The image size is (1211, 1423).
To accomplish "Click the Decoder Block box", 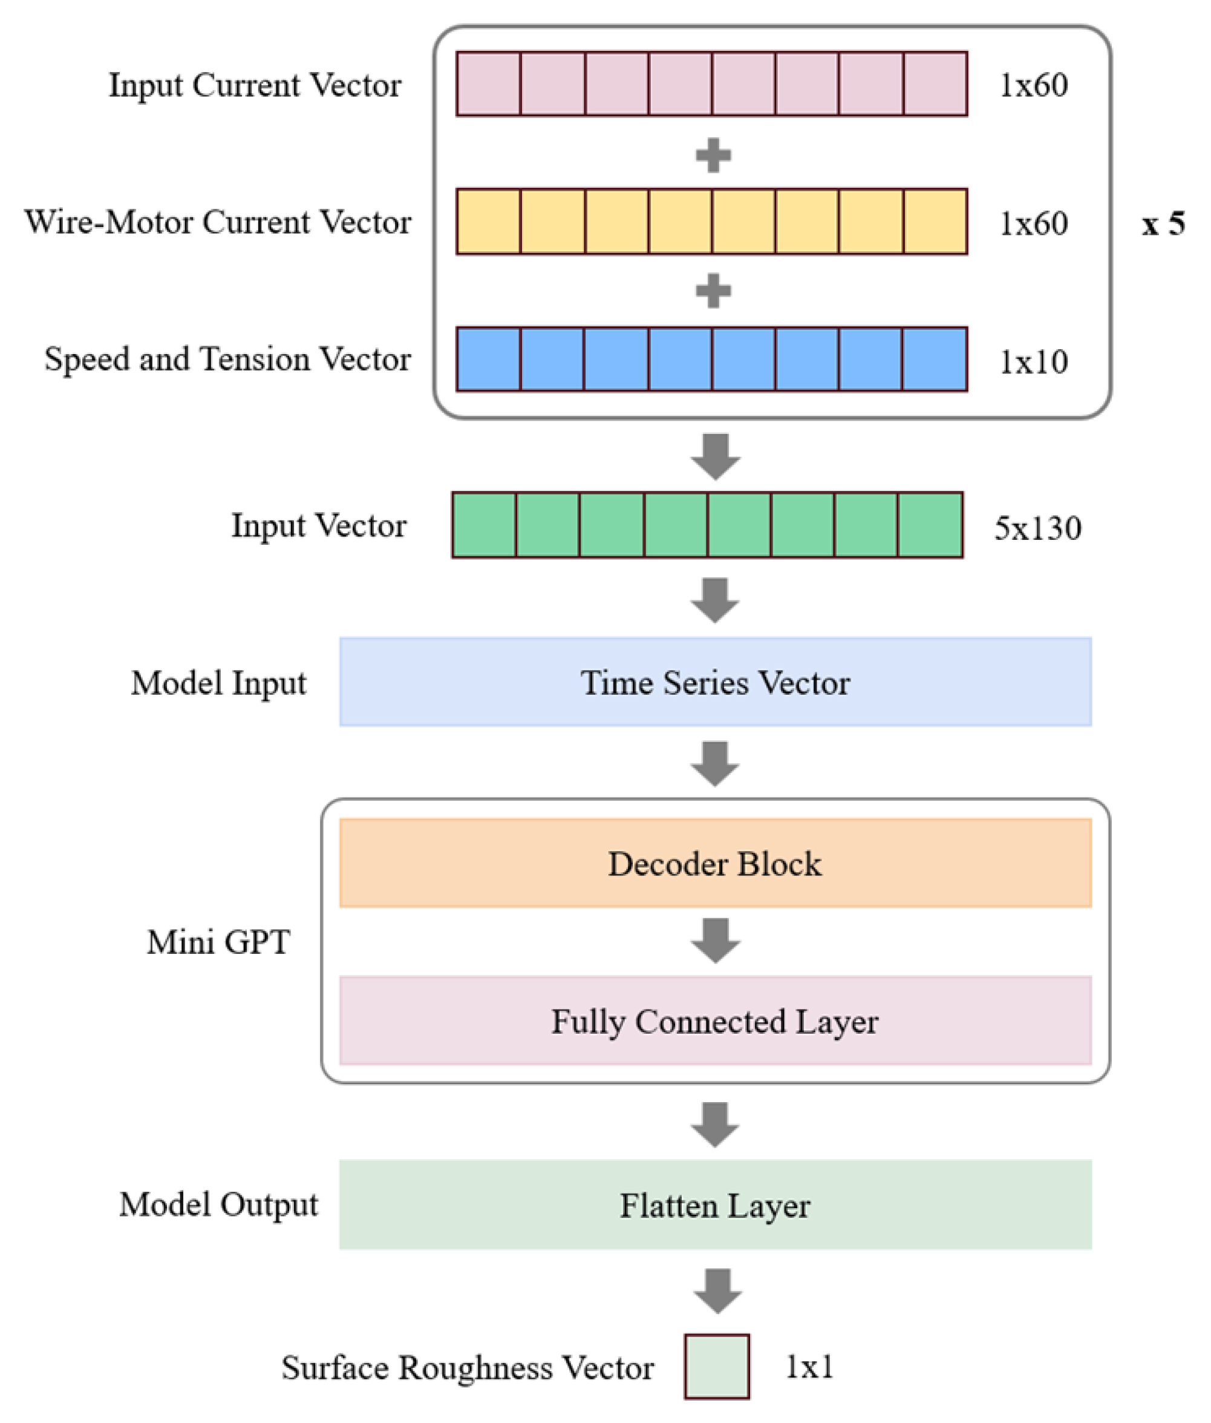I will (714, 863).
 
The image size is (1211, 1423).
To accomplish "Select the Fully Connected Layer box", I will (714, 1020).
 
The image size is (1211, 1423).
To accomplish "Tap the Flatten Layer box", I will (714, 1205).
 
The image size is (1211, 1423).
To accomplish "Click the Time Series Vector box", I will (714, 682).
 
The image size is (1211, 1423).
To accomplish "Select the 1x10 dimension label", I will (1033, 362).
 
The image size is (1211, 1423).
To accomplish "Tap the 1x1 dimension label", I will (809, 1367).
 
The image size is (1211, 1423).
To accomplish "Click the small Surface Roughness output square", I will (716, 1366).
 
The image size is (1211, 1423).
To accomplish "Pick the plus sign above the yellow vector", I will (713, 155).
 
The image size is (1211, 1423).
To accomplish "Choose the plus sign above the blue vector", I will (713, 291).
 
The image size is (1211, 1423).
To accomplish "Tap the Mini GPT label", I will (218, 942).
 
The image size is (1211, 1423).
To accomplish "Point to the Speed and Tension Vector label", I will (227, 359).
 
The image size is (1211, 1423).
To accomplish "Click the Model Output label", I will (218, 1204).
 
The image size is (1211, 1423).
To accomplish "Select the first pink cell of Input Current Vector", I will (488, 84).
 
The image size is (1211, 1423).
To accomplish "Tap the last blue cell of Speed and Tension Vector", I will (935, 359).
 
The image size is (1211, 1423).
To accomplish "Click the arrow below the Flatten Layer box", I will (717, 1291).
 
